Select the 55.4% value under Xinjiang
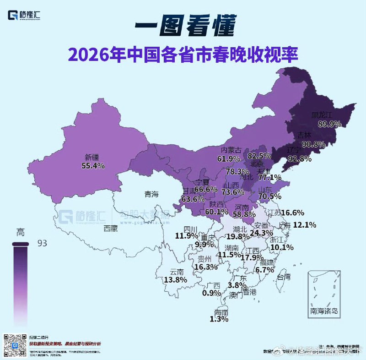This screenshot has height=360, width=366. (93, 166)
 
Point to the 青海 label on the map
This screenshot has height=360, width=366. (151, 194)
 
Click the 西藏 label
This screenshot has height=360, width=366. (111, 228)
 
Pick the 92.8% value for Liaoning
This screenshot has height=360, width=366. (300, 159)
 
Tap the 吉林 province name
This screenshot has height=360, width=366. (305, 136)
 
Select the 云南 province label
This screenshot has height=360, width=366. (177, 271)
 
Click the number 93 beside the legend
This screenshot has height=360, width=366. (43, 243)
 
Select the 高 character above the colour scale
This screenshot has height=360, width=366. (20, 232)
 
